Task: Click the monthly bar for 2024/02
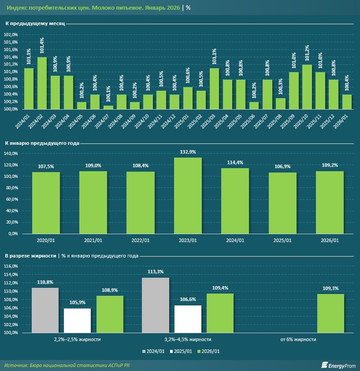[x=42, y=83]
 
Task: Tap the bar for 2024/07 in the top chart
[x=108, y=107]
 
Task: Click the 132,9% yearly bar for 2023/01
[x=188, y=195]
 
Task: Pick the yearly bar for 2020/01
[x=46, y=202]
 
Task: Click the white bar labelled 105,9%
[x=78, y=320]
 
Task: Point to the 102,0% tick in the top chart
[x=11, y=34]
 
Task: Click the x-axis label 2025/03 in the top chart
[x=215, y=120]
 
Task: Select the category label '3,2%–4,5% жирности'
[x=188, y=339]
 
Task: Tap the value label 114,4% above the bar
[x=235, y=162]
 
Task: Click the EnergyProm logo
[x=337, y=365]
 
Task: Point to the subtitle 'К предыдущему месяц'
[x=35, y=23]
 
